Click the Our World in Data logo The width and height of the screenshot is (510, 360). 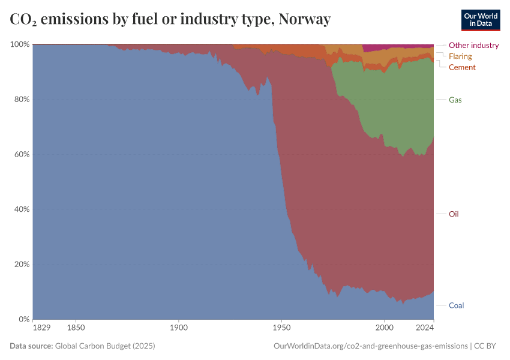[480, 20]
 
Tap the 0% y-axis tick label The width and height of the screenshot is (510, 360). [23, 319]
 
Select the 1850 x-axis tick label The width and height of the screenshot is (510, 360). [76, 328]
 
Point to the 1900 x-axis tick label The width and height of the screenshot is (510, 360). [179, 328]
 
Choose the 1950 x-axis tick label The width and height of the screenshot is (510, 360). [281, 328]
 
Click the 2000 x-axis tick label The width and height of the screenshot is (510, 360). [385, 328]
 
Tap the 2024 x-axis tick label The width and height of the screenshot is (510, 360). [424, 328]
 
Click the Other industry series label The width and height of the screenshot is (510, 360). [473, 45]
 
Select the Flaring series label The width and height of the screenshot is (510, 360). [460, 56]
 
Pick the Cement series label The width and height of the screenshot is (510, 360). [462, 67]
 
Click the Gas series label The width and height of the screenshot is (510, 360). [455, 100]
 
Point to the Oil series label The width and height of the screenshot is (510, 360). [454, 214]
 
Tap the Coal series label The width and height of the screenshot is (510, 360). [456, 305]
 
